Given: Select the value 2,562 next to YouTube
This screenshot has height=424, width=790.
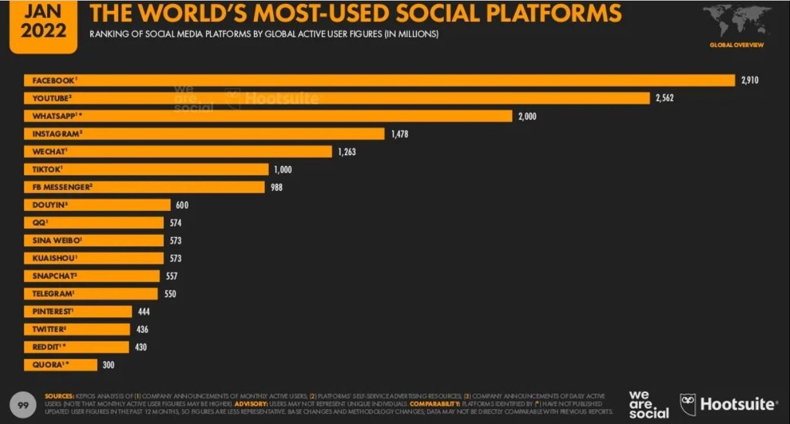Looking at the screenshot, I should coord(665,98).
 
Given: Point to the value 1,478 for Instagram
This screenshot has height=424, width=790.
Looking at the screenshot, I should coord(399,134).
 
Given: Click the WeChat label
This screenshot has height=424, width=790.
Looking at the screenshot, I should coord(49,152).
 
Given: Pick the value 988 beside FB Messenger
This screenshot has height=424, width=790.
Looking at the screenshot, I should coord(276,187).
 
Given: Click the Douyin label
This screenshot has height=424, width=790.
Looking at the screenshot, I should coord(49,205).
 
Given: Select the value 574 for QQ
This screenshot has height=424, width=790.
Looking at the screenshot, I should coord(175,223).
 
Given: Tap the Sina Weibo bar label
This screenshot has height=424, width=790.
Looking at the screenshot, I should coord(57,241).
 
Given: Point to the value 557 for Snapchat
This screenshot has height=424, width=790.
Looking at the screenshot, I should coord(171,276).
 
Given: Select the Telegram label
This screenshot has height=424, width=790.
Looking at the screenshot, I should coord(53,294).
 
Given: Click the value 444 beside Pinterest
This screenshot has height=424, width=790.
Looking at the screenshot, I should coord(144,312).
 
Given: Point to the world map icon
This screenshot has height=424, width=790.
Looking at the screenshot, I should coord(737,22).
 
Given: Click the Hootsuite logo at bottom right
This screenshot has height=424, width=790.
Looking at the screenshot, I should coord(728,405).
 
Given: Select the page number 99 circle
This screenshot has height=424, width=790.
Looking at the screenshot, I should coord(23,405).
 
